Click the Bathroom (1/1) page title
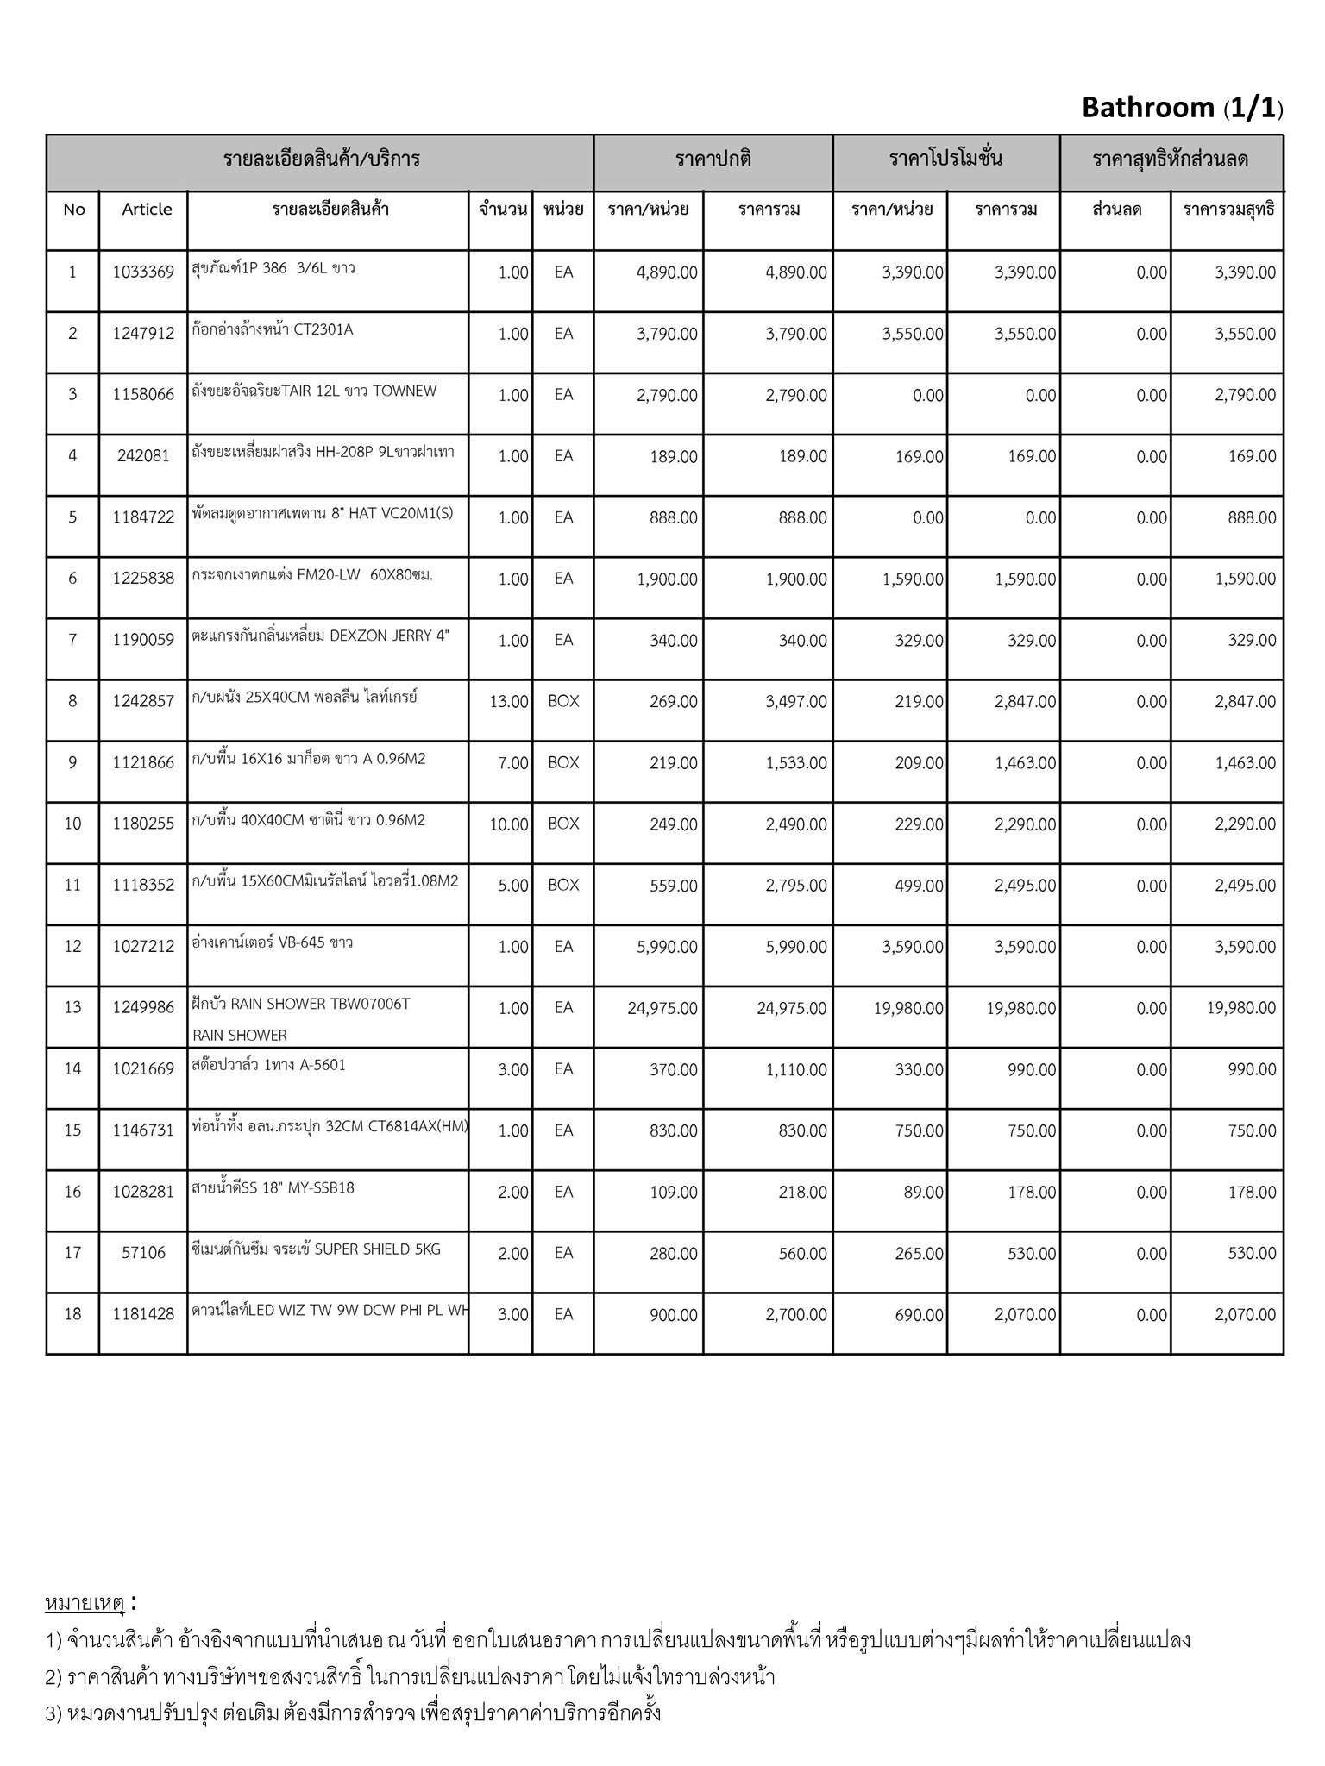(x=1182, y=108)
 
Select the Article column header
(x=147, y=210)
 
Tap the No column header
(x=74, y=210)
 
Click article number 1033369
(x=143, y=272)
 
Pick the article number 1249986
(x=143, y=1007)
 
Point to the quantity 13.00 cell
(x=508, y=702)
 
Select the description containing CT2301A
(x=273, y=329)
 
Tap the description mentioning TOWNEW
(x=314, y=391)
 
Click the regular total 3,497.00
(x=796, y=702)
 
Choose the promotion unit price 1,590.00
(x=913, y=579)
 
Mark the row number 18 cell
(x=72, y=1314)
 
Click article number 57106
(x=143, y=1253)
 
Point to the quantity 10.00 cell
(x=508, y=824)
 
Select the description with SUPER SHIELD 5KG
(x=316, y=1249)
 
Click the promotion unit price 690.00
(x=919, y=1315)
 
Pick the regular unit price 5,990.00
(x=667, y=947)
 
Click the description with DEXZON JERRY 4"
(x=320, y=636)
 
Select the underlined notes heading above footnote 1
(x=85, y=1603)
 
